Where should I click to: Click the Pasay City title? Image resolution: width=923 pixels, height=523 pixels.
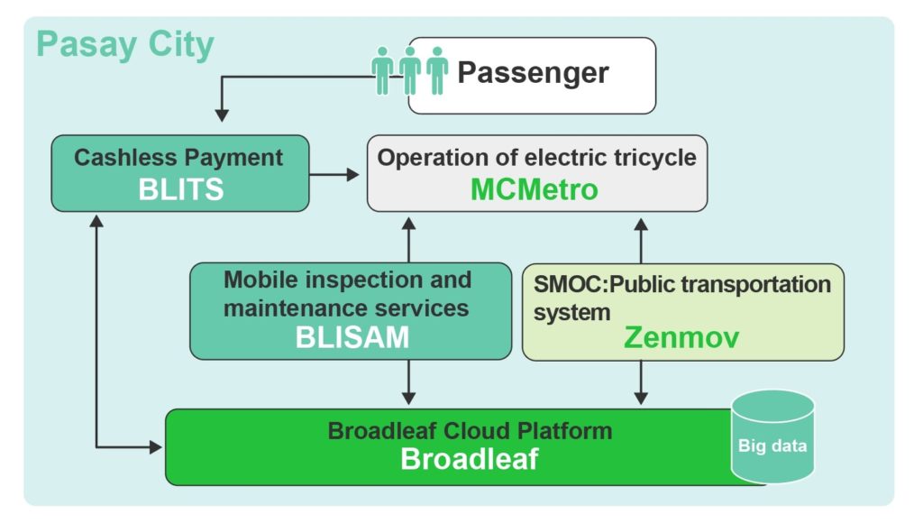tap(124, 45)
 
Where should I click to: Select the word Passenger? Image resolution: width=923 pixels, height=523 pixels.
tap(533, 74)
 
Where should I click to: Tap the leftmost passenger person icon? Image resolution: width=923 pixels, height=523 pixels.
tap(382, 70)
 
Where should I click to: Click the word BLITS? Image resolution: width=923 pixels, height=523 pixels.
tap(180, 189)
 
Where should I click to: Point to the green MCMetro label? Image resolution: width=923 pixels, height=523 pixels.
tap(534, 189)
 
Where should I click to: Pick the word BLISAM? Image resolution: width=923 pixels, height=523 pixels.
tap(352, 337)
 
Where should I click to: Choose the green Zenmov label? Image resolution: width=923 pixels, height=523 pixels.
tap(681, 337)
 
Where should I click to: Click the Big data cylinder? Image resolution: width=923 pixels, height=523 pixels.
tap(772, 436)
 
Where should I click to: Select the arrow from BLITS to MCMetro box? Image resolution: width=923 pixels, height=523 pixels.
tap(334, 174)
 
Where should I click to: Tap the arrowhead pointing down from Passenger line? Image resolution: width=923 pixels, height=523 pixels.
tap(222, 115)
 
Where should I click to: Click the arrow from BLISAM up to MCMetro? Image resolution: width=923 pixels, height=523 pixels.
tap(408, 240)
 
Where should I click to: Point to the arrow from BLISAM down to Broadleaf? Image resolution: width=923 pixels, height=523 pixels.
tap(408, 381)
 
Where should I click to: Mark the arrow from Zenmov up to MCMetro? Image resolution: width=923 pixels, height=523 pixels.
tap(641, 241)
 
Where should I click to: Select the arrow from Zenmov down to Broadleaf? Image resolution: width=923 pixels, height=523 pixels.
tap(641, 382)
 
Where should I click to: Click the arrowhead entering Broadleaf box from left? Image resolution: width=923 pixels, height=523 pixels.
tap(156, 447)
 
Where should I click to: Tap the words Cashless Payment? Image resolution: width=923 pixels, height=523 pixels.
tap(178, 158)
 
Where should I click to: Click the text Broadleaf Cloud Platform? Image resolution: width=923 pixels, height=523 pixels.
tap(470, 431)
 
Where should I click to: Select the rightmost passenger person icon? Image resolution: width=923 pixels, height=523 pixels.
tap(437, 70)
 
